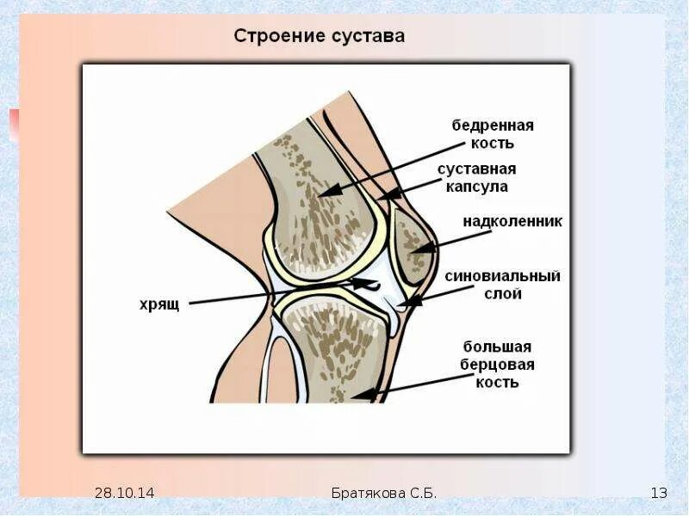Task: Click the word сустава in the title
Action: tap(364, 37)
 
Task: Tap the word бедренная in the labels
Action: tap(493, 125)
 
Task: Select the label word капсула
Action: tap(477, 186)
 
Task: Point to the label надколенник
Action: tap(512, 222)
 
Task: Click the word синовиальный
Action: tap(503, 276)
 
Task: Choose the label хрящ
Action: tap(158, 304)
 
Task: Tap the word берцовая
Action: tap(499, 365)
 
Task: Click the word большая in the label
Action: tap(498, 347)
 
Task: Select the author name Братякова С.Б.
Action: tap(384, 493)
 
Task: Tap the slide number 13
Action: tap(659, 493)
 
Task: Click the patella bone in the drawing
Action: tap(412, 245)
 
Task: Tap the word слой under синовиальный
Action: tap(503, 293)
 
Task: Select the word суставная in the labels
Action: tap(476, 169)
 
